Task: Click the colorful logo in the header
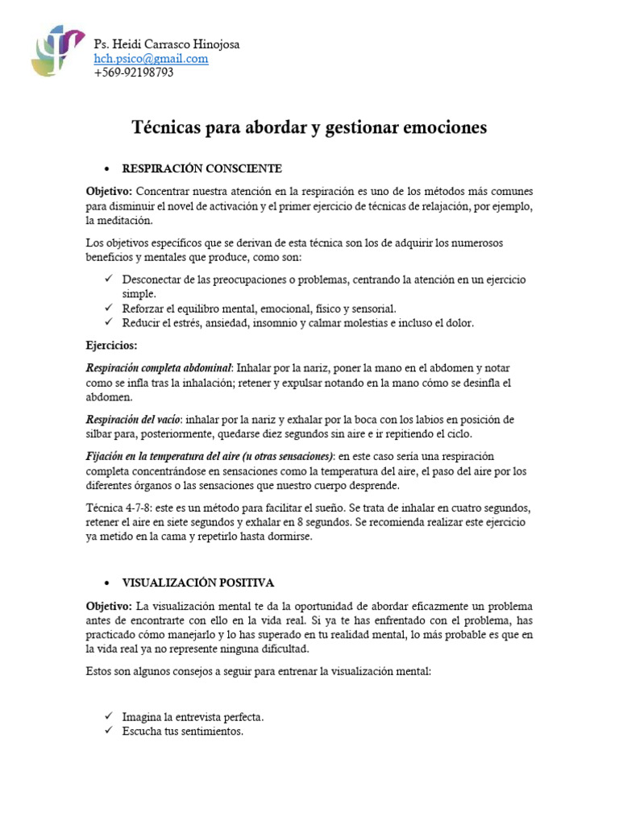[57, 51]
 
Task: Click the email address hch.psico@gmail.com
[151, 59]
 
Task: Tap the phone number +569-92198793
[133, 73]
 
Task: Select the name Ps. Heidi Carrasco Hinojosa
[166, 44]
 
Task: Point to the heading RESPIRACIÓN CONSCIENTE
[201, 168]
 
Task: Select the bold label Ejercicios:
[112, 345]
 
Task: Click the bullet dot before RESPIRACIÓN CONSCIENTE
[107, 169]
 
